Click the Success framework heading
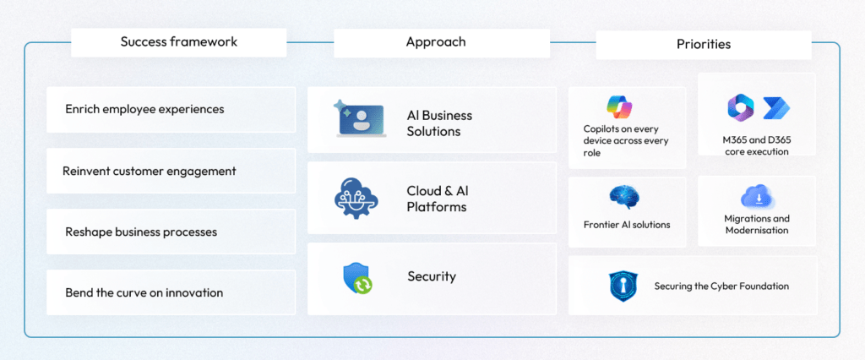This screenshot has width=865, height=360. click(x=178, y=42)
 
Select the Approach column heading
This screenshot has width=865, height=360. click(x=435, y=42)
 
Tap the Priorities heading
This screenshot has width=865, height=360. click(x=703, y=44)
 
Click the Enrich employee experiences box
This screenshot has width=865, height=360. click(x=170, y=109)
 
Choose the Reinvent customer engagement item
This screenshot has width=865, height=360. click(x=170, y=171)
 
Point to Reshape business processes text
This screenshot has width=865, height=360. click(x=141, y=232)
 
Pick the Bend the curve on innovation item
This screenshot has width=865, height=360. click(x=144, y=292)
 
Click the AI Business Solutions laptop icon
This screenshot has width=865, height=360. click(x=358, y=120)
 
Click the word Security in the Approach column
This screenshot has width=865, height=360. click(x=431, y=276)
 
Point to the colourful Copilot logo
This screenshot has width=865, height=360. click(x=619, y=106)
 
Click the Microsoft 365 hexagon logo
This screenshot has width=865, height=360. click(x=740, y=107)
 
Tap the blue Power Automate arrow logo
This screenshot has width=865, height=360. click(x=775, y=107)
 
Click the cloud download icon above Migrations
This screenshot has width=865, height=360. click(x=758, y=197)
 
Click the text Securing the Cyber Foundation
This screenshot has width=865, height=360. click(x=721, y=286)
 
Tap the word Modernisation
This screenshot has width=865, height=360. click(x=756, y=230)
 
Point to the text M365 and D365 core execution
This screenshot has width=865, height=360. click(x=757, y=145)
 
